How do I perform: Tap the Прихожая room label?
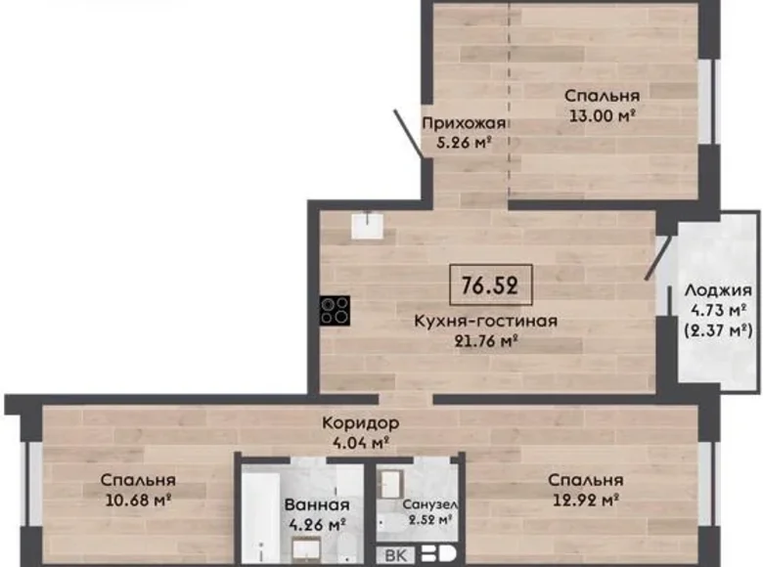(x=464, y=123)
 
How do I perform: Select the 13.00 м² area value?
(x=603, y=114)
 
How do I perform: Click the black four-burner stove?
(x=335, y=309)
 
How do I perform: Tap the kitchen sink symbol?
(x=369, y=226)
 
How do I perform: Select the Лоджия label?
(x=718, y=290)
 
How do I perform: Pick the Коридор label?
(x=359, y=423)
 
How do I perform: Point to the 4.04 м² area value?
(x=359, y=442)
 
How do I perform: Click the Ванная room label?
(x=317, y=504)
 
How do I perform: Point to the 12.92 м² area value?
(x=585, y=500)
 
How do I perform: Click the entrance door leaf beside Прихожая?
(x=410, y=132)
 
